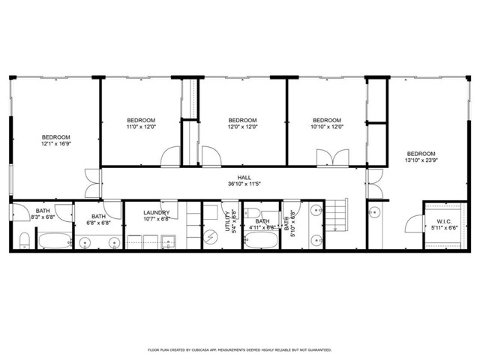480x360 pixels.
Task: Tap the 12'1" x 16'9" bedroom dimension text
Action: coord(55,143)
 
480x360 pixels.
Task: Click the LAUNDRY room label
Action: coord(157,213)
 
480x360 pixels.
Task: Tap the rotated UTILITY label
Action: coord(227,223)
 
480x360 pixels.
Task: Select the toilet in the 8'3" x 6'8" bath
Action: coord(23,241)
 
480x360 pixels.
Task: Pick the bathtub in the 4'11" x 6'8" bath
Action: coord(262,242)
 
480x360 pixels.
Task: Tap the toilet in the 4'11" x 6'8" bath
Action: coord(256,212)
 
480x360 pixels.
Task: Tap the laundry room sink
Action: coord(169,241)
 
